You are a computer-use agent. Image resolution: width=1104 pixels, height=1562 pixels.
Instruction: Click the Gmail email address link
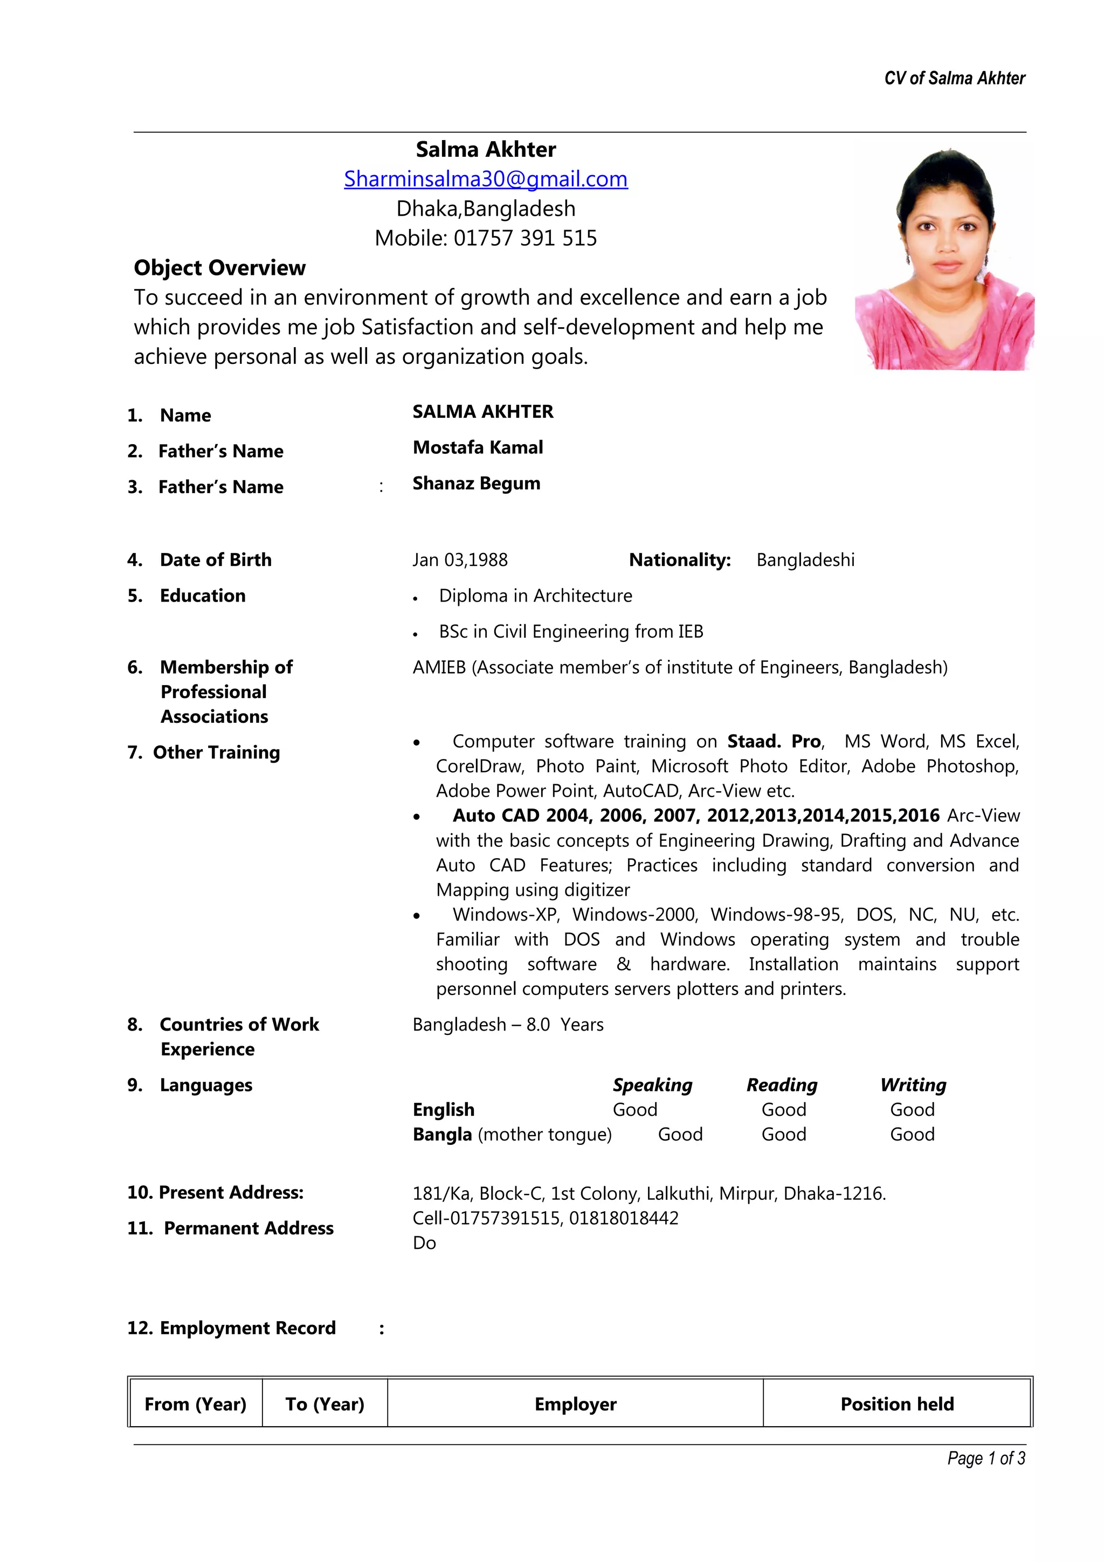point(485,179)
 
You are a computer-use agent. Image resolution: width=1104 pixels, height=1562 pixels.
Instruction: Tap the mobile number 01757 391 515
point(525,238)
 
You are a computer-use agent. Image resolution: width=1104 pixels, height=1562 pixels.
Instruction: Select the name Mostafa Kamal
point(478,448)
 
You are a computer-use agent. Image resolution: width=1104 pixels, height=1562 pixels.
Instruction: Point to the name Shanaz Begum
point(476,483)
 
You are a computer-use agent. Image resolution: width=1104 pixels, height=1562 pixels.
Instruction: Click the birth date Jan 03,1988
point(460,560)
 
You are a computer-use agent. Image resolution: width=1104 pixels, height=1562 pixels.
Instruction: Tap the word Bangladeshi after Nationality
point(805,560)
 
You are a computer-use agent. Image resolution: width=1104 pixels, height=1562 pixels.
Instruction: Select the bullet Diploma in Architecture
point(535,596)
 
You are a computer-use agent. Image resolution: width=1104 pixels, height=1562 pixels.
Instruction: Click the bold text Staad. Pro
point(774,741)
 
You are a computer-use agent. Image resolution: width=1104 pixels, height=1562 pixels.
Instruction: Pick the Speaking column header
point(652,1084)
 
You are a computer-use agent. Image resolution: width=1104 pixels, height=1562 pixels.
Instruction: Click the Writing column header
point(912,1084)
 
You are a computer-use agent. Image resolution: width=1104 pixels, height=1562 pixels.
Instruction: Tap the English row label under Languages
point(444,1110)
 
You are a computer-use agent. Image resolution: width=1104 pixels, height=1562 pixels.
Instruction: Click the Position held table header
point(896,1404)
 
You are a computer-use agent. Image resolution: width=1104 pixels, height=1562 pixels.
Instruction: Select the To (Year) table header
point(325,1404)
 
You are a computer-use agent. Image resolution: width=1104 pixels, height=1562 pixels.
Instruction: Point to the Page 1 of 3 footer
point(985,1458)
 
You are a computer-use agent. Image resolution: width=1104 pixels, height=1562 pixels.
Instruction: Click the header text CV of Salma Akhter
point(954,78)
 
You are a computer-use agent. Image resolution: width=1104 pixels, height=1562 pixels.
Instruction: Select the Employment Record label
point(231,1328)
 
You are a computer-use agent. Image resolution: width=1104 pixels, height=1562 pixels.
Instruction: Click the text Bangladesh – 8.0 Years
point(507,1025)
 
